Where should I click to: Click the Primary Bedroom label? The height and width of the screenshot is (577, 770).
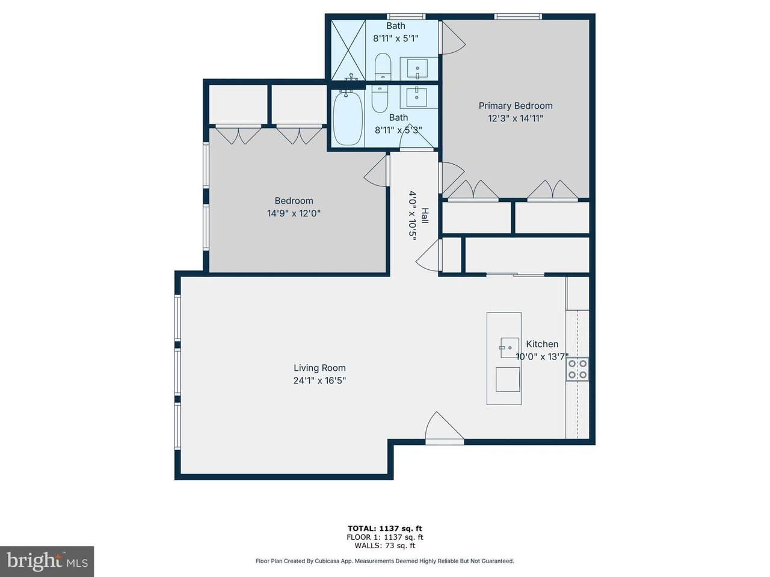pos(516,106)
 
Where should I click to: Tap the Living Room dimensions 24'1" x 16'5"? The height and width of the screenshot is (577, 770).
pos(319,380)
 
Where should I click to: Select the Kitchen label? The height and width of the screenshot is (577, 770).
pos(542,344)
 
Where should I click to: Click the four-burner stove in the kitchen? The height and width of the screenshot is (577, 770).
pos(577,369)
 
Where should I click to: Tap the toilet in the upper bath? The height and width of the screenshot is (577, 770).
pos(383,67)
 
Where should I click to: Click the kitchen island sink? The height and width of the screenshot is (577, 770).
pos(510,348)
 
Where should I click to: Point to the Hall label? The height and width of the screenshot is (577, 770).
pos(425,216)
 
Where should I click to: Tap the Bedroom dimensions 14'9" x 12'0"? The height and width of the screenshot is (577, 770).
pos(294,213)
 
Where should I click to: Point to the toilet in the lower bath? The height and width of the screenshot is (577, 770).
pos(379,99)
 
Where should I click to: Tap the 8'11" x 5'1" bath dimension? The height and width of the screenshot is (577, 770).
pos(396,38)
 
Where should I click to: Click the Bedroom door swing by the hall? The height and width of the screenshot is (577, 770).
pos(376,171)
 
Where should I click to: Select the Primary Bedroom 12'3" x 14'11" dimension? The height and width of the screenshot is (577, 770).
pos(516,118)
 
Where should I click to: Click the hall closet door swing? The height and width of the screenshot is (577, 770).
pos(428,255)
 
